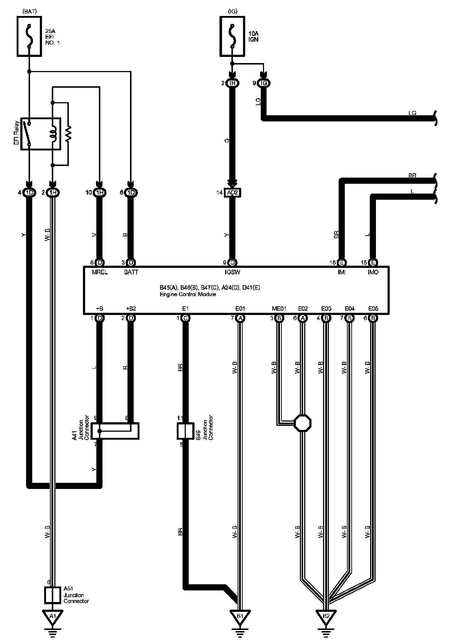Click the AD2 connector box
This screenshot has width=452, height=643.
pyautogui.click(x=232, y=192)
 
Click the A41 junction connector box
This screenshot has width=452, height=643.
pyautogui.click(x=115, y=431)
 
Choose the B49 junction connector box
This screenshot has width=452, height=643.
pyautogui.click(x=185, y=431)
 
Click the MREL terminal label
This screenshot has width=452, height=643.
pyautogui.click(x=100, y=272)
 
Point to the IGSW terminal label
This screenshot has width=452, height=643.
pyautogui.click(x=232, y=272)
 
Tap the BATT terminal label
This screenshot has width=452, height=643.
pyautogui.click(x=131, y=272)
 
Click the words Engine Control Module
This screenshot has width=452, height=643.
pyautogui.click(x=188, y=294)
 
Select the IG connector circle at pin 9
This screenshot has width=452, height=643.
pyautogui.click(x=264, y=83)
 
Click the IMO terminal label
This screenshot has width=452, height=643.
pyautogui.click(x=373, y=272)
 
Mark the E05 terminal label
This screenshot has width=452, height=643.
pyautogui.click(x=373, y=308)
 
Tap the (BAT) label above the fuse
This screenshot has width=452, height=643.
pyautogui.click(x=29, y=11)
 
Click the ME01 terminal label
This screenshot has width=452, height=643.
pyautogui.click(x=279, y=308)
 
